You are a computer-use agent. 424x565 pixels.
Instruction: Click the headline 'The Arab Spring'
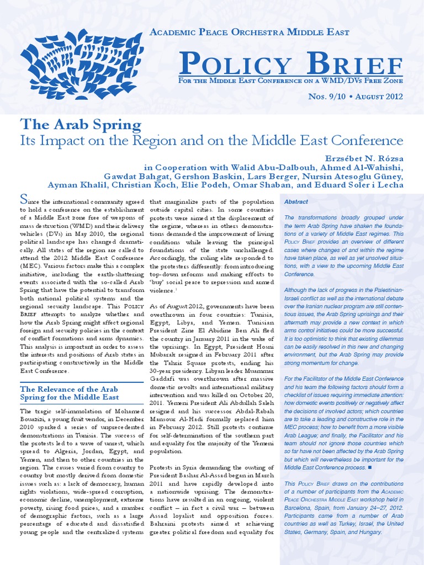coord(81,124)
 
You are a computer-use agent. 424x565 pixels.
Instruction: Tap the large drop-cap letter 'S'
coord(24,200)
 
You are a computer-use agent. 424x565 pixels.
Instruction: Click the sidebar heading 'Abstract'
coord(296,202)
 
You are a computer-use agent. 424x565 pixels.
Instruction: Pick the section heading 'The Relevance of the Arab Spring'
coord(70,393)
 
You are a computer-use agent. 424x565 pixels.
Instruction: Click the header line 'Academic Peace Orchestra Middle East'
coord(250,32)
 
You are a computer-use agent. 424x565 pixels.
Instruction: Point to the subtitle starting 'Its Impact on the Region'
coord(212,140)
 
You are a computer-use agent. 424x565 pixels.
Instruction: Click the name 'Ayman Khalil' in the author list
coord(72,185)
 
